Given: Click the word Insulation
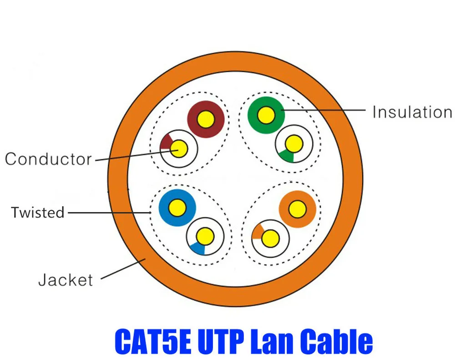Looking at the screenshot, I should coord(412,112).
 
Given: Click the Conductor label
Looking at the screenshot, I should coord(48,159).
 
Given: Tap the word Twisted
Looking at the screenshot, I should coord(38,213).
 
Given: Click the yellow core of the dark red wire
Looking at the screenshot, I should coord(206,119).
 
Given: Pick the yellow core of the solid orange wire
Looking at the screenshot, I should coord(297,209).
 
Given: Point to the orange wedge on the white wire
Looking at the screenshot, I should coord(258,232).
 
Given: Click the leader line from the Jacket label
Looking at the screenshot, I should coord(123,269).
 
